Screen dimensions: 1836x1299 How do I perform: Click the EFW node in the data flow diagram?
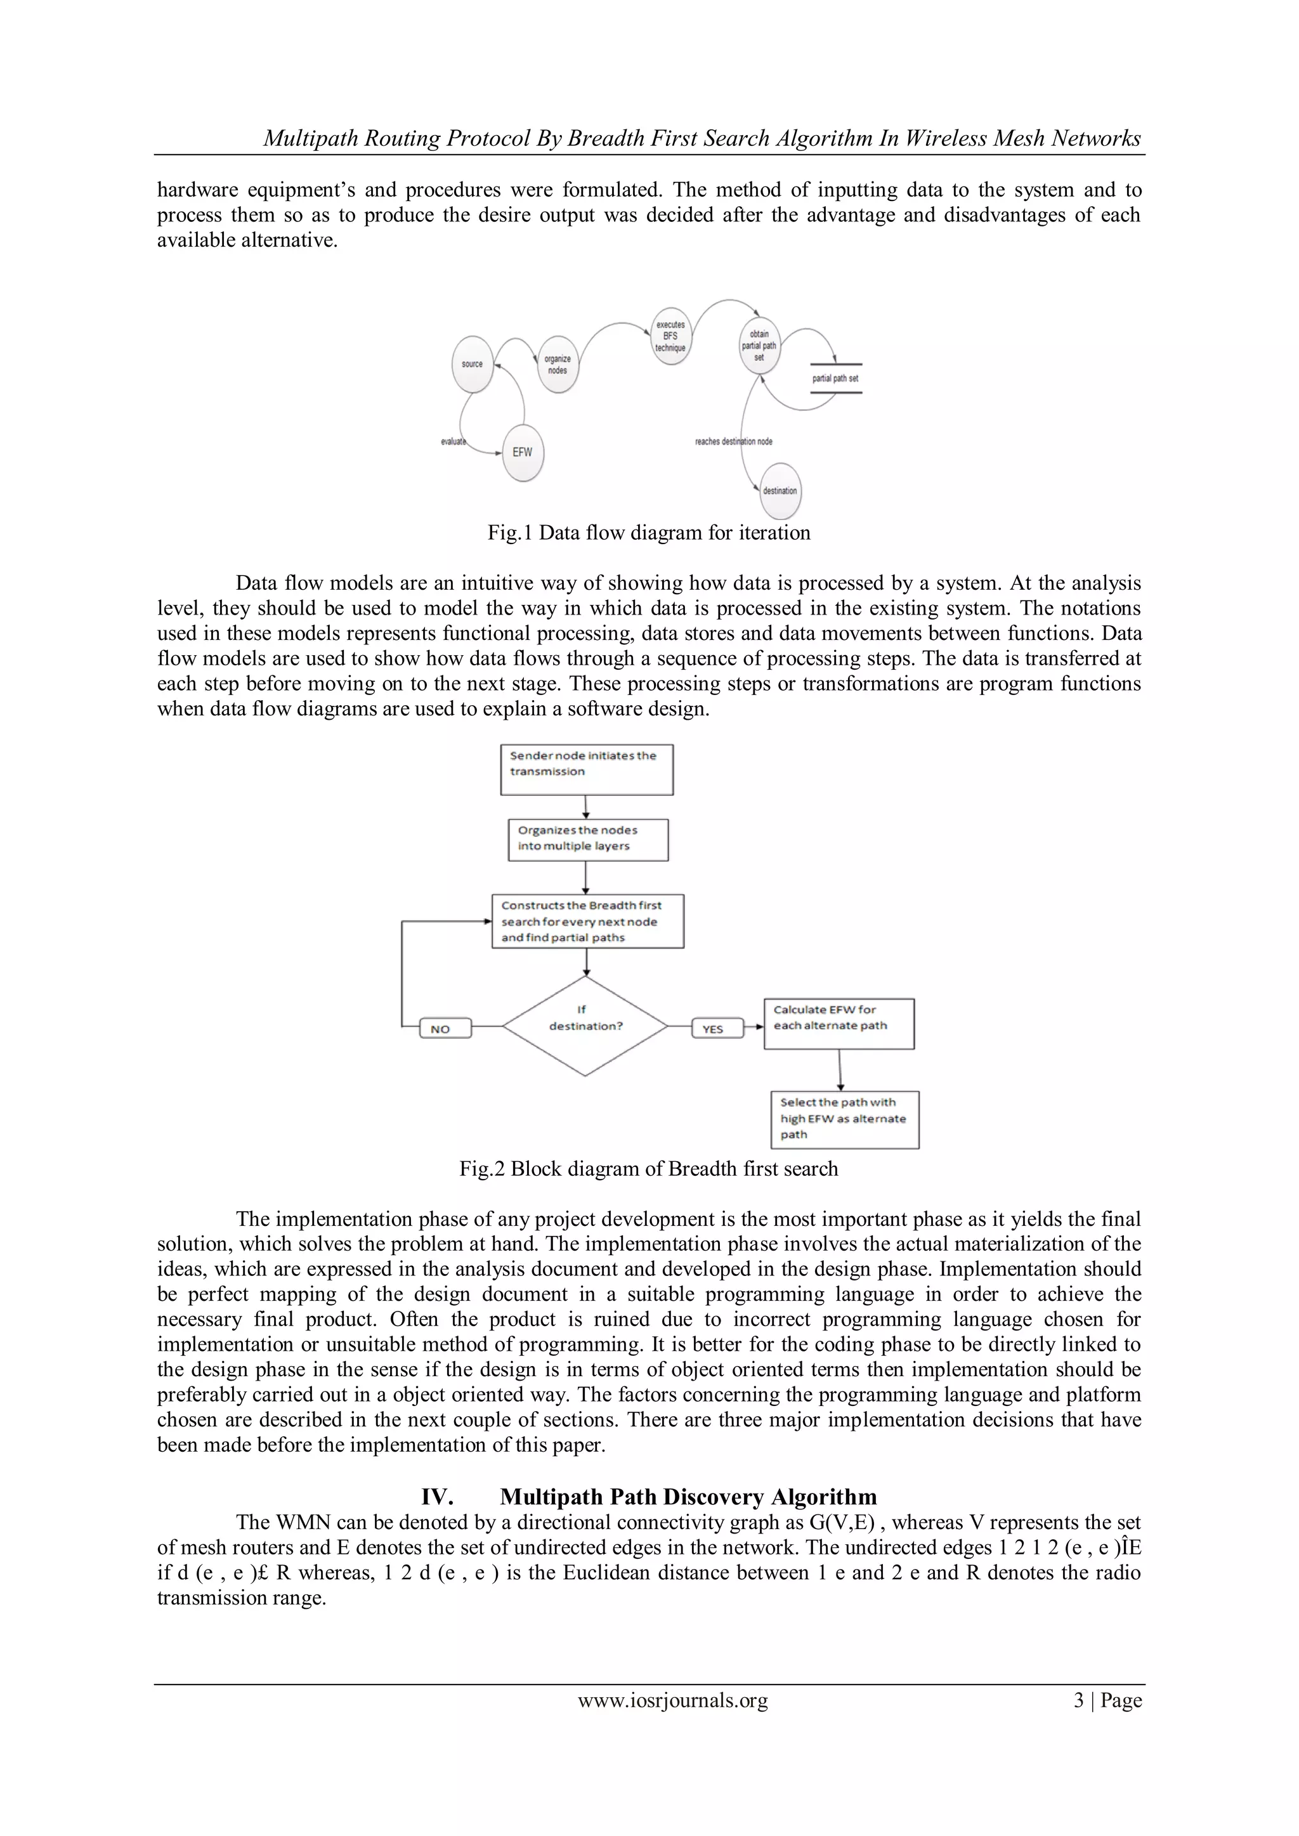point(522,453)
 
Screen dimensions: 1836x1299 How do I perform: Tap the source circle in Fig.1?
point(473,365)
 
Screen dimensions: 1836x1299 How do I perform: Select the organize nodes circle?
point(558,365)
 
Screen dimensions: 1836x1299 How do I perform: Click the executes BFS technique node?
point(670,337)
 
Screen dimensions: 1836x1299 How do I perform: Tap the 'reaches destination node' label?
point(733,441)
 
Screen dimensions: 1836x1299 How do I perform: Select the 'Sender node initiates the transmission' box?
point(586,769)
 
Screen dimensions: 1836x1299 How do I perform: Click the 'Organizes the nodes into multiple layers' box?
point(587,840)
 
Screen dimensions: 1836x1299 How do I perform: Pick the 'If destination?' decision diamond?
point(585,1026)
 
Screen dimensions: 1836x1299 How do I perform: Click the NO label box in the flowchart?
point(445,1029)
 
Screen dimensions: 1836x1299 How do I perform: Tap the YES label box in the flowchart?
point(717,1029)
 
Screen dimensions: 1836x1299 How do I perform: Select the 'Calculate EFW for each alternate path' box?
point(839,1024)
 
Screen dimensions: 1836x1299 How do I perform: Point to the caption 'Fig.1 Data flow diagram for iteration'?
point(649,533)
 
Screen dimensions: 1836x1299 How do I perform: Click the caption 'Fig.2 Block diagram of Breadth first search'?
point(649,1169)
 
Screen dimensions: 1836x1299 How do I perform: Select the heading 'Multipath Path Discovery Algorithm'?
point(688,1497)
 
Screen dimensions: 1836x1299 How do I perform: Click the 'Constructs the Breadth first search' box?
point(587,921)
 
